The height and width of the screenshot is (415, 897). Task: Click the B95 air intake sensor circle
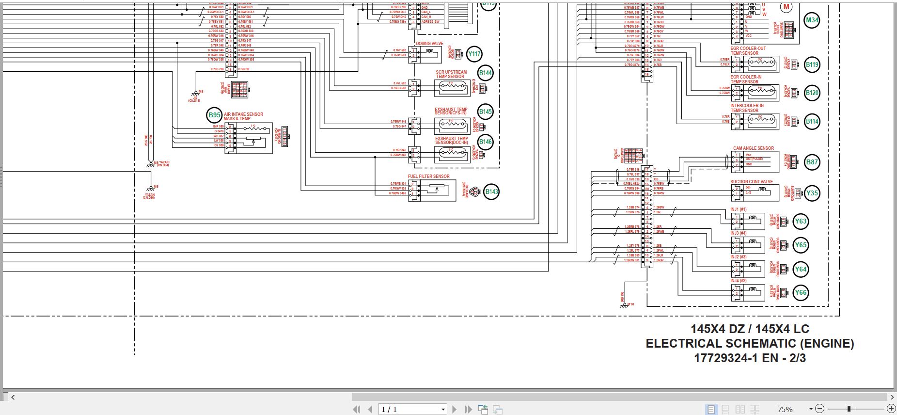coord(214,115)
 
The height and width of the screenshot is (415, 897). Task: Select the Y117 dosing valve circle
coord(474,54)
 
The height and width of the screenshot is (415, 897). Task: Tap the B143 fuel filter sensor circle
coord(491,192)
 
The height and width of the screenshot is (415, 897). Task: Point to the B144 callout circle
coord(485,73)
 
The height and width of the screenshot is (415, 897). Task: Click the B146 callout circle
coord(485,142)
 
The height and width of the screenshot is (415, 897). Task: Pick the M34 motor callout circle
coord(812,20)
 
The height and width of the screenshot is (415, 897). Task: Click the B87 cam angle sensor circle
coord(812,162)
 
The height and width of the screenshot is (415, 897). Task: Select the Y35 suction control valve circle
coord(812,193)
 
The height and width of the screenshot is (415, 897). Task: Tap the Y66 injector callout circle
coord(801,292)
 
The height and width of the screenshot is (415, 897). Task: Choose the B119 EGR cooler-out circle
coord(812,64)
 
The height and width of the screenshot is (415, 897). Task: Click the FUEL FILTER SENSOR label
coord(428,176)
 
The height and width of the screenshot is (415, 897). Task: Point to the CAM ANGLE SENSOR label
coord(753,148)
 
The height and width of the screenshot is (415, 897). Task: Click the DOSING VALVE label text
coord(429,44)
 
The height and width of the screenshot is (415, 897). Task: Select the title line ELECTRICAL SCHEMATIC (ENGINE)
coord(750,343)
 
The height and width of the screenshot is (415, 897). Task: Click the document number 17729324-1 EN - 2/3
coord(750,358)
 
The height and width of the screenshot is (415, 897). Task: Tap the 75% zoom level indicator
coord(785,410)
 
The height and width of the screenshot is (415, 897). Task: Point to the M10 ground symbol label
coord(630,304)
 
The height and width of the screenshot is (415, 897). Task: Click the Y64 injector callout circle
coord(801,269)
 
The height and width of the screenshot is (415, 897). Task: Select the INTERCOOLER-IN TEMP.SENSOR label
coord(747,108)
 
